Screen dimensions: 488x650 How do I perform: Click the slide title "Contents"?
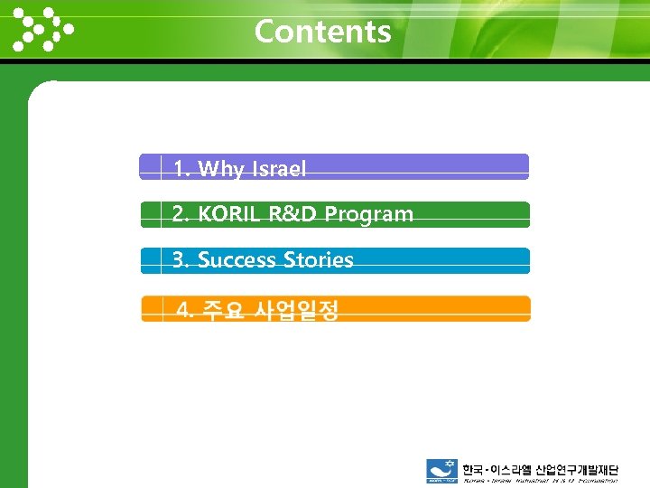coord(322,32)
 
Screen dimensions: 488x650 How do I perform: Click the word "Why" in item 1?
coord(221,169)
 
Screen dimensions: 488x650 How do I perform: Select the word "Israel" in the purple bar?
coord(279,169)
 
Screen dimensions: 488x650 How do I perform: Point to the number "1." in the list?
coord(181,169)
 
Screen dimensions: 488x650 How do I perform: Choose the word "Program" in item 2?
coord(369,215)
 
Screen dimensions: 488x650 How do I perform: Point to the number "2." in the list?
coord(181,214)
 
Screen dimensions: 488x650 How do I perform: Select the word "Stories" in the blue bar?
coord(319,260)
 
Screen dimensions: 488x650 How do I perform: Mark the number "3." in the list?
coord(181,260)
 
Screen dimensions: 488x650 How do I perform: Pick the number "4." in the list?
coord(186,312)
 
